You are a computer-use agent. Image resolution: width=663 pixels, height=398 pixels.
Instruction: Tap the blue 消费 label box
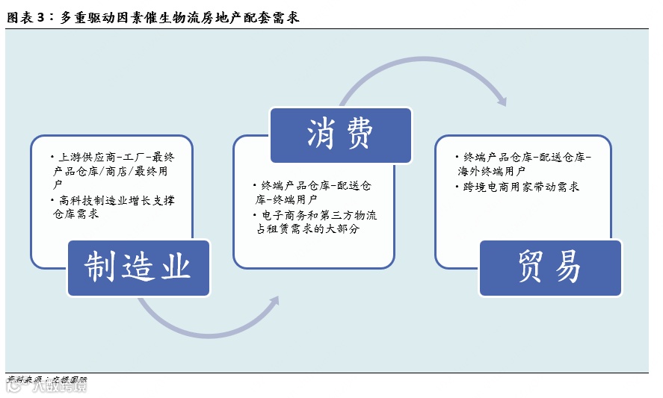pos(340,135)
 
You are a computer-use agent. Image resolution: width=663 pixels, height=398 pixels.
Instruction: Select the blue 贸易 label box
pos(550,267)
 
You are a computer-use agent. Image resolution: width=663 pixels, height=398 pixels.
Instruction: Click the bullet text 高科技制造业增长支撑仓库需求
pos(115,207)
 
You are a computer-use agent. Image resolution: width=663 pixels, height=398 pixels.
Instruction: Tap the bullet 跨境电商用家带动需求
pos(519,187)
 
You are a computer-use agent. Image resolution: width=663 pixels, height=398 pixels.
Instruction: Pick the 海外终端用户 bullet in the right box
pos(524,164)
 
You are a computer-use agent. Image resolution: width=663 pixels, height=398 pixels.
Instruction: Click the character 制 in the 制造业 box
pos(100,267)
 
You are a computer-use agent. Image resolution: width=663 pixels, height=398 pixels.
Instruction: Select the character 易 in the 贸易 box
pos(570,267)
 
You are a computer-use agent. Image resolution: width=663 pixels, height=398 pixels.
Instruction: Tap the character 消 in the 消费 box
pos(321,135)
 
